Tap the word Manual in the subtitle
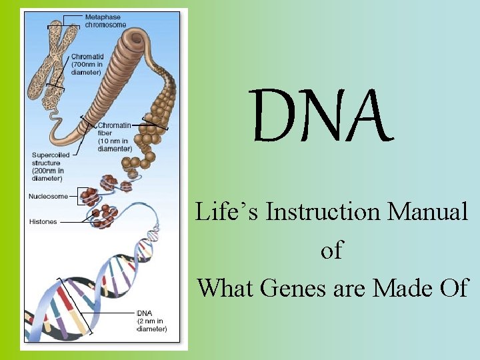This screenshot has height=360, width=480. click(x=429, y=212)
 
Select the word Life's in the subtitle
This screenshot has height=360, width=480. click(x=227, y=212)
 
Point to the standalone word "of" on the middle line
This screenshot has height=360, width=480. click(x=331, y=250)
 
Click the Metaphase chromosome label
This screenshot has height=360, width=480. click(x=105, y=21)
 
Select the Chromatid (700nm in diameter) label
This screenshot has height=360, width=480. click(x=86, y=64)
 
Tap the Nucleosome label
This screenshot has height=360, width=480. click(x=48, y=196)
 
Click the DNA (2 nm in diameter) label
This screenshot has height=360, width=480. click(x=152, y=321)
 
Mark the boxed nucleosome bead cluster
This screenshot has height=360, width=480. click(x=88, y=196)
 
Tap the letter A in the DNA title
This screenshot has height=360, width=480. click(x=363, y=117)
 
